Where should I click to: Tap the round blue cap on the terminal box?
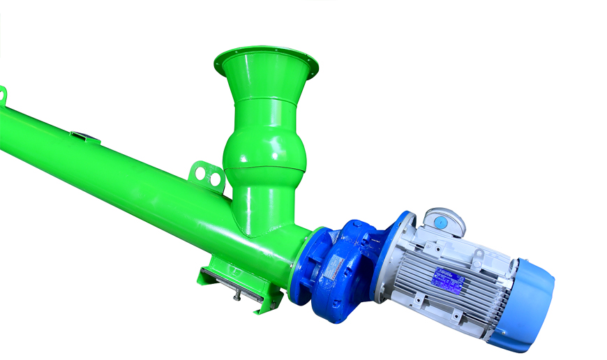440,221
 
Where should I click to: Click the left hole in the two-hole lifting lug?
201,172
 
